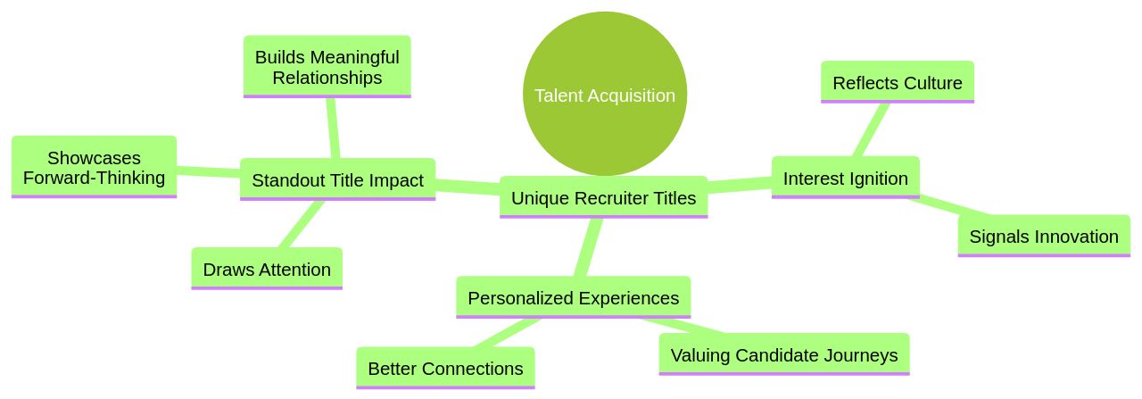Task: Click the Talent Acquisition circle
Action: pos(604,94)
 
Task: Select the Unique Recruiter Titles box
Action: pos(603,197)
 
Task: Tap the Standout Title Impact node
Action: pos(337,179)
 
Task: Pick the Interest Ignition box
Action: pos(845,178)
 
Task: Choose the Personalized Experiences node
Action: pos(573,297)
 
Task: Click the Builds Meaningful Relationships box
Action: pos(327,67)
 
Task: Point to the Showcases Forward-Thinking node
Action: pos(94,167)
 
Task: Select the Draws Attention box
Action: pos(267,269)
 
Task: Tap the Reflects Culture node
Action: pos(897,82)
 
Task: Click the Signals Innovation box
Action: pos(1043,236)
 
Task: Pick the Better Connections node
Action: pos(445,368)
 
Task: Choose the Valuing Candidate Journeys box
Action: pos(783,354)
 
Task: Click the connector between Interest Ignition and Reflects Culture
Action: pos(872,129)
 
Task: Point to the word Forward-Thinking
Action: pos(94,178)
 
